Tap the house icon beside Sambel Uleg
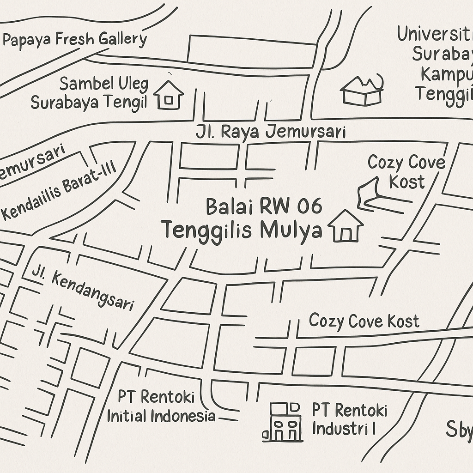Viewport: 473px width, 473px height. coord(168,95)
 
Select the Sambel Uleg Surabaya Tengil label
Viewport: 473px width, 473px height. coord(90,93)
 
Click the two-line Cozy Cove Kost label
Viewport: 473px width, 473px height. coord(406,172)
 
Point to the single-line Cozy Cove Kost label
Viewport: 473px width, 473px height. coord(364,321)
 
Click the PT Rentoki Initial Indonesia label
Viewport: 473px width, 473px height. coord(160,406)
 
